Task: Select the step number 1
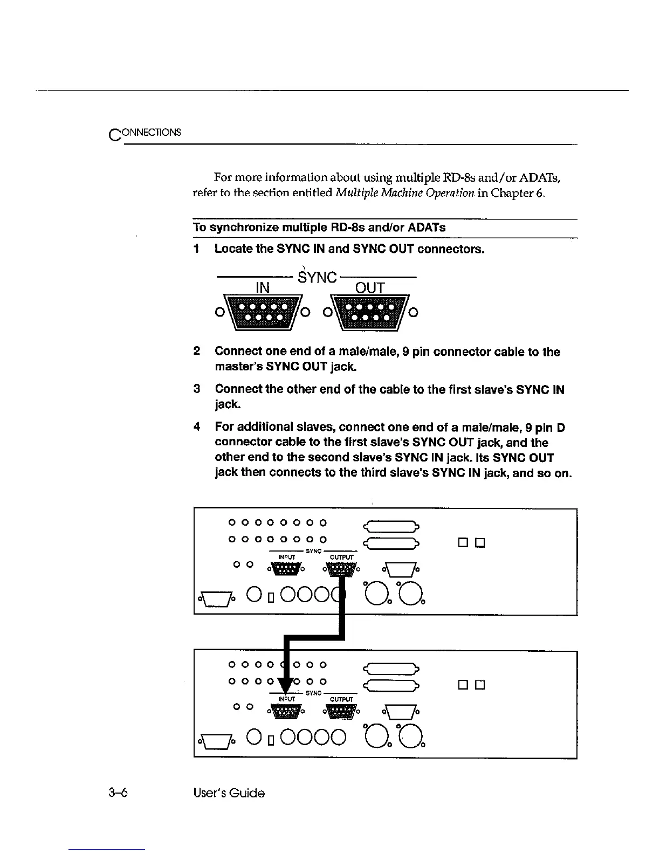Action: pyautogui.click(x=197, y=249)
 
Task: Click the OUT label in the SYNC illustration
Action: pyautogui.click(x=370, y=288)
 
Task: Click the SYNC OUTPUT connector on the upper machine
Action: pyautogui.click(x=341, y=568)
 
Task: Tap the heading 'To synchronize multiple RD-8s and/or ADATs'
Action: pyautogui.click(x=319, y=228)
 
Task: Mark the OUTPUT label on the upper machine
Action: pyautogui.click(x=341, y=557)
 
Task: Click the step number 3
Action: pyautogui.click(x=197, y=389)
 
